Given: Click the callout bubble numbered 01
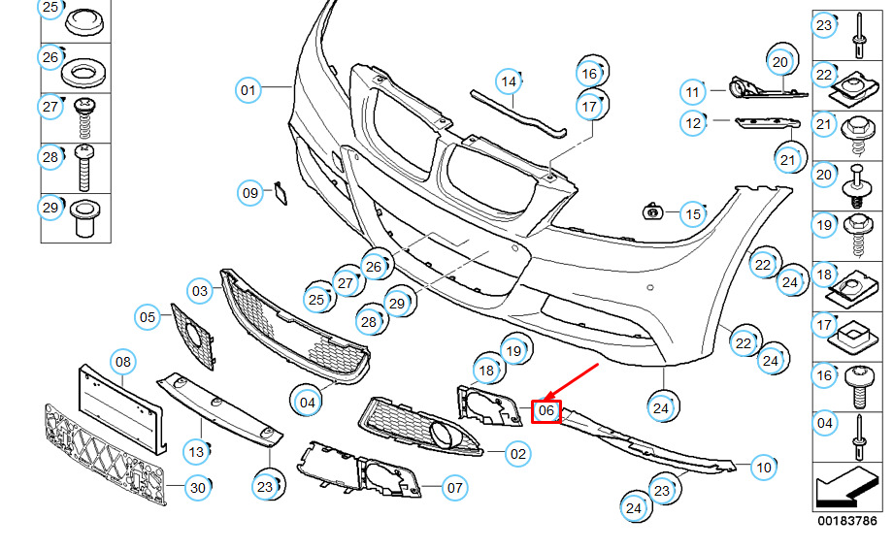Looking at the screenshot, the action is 248,91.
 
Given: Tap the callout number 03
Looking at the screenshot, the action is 200,290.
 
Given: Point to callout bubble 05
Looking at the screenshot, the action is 147,316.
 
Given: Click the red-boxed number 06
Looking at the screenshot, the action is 546,411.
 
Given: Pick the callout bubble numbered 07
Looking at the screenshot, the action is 453,488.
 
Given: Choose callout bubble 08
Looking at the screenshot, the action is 122,363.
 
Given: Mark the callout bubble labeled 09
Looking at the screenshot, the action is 250,193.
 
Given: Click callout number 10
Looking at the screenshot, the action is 764,468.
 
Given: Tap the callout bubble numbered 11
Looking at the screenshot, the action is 692,93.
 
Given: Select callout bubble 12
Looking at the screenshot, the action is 692,123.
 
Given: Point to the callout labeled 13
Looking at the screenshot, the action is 195,452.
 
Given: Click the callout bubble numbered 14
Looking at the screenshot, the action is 508,80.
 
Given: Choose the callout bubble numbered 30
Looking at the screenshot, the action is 197,488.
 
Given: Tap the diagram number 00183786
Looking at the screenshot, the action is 846,521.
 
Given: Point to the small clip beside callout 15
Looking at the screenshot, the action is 654,210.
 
